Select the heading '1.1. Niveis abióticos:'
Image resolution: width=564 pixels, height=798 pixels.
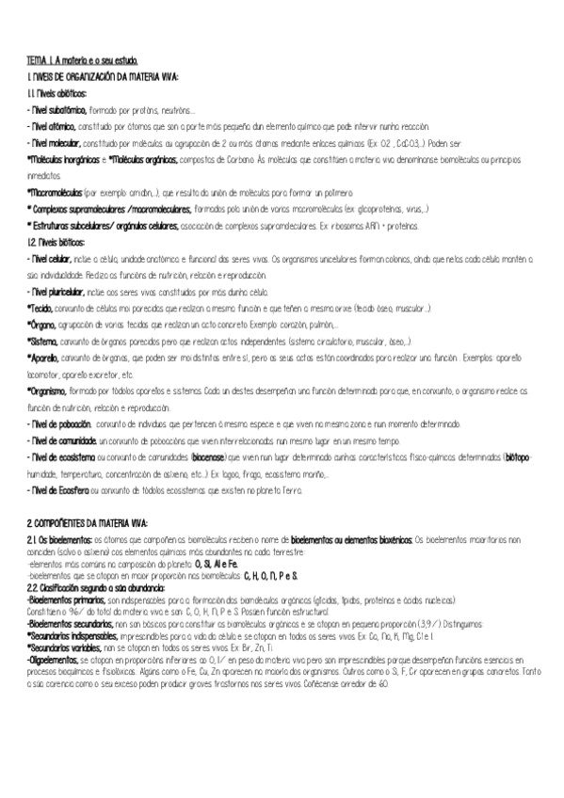[57, 94]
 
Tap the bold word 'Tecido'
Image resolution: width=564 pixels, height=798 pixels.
[40, 308]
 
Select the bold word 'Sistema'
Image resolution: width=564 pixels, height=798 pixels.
[42, 342]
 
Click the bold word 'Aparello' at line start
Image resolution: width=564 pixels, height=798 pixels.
[43, 358]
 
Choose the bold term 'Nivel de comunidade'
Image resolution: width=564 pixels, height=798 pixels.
[62, 440]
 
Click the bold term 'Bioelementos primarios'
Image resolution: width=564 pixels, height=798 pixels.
[67, 598]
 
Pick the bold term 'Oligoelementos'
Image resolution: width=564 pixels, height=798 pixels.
[55, 661]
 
